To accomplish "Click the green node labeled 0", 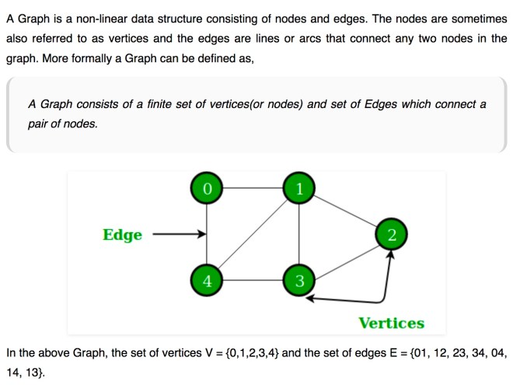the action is pyautogui.click(x=207, y=189).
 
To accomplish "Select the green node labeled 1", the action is pyautogui.click(x=299, y=189).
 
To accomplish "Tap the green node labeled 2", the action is pyautogui.click(x=391, y=234).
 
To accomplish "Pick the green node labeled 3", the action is pyautogui.click(x=299, y=280).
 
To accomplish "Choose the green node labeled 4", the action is pyautogui.click(x=207, y=280).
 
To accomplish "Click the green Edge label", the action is pyautogui.click(x=122, y=235).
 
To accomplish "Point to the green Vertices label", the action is pyautogui.click(x=392, y=323).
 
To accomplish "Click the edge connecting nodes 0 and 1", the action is pyautogui.click(x=253, y=189).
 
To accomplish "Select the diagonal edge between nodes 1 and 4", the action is pyautogui.click(x=253, y=234).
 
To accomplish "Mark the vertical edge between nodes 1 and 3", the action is pyautogui.click(x=299, y=234).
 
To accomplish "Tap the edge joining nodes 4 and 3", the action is pyautogui.click(x=253, y=280).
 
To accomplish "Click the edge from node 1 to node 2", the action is pyautogui.click(x=345, y=211).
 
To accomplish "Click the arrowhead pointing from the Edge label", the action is pyautogui.click(x=202, y=234).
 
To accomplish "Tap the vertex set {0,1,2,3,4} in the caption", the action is pyautogui.click(x=253, y=353).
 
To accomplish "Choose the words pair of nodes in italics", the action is pyautogui.click(x=62, y=124).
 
